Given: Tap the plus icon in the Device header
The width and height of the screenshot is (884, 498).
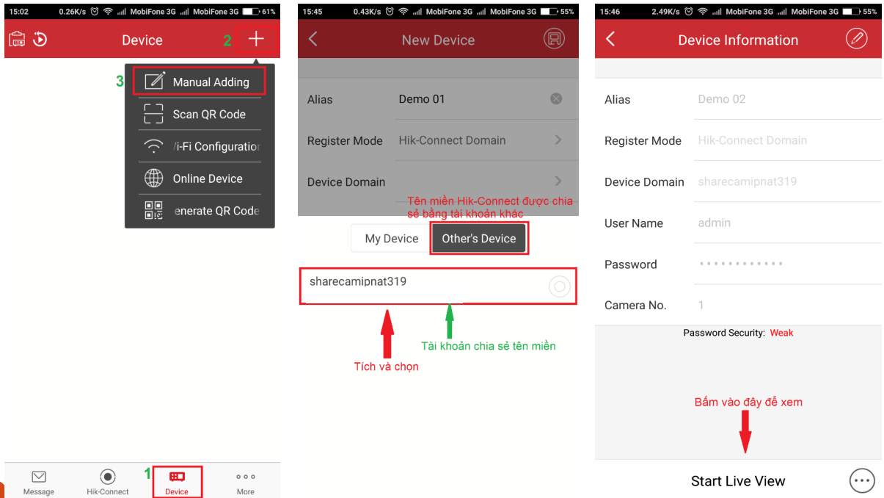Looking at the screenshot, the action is tap(256, 39).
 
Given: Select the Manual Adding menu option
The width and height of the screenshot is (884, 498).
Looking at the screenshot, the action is tap(199, 82).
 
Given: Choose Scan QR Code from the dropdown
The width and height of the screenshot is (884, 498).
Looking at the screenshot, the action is tap(200, 115).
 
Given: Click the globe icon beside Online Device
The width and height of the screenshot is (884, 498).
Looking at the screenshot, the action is tap(153, 178).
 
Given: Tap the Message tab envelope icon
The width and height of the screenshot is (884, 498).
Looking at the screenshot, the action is tap(39, 477).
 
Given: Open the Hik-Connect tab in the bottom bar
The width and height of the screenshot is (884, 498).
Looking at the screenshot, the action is tap(107, 482).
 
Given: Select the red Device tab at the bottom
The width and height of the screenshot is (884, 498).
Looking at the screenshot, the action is tap(177, 482).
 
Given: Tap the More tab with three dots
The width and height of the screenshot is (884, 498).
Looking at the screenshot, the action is tap(246, 482).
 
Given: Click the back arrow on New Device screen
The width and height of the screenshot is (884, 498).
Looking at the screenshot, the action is tap(313, 39).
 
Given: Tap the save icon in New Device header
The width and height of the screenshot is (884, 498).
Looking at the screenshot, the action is tap(554, 38).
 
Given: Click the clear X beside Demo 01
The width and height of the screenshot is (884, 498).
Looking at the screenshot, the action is tap(556, 98).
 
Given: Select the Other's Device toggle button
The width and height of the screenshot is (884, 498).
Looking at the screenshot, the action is tap(479, 238).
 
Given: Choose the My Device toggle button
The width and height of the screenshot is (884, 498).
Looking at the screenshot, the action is tap(392, 238).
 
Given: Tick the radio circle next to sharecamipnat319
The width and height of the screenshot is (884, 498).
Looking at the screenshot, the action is tap(559, 286).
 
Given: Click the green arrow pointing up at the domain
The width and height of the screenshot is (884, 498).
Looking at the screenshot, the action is tap(450, 321).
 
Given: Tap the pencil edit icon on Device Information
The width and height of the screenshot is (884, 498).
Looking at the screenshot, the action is tap(856, 38).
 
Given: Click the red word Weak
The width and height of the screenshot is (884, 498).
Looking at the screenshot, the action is tap(781, 333).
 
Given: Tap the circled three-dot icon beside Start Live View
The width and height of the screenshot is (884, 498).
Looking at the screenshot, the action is tap(862, 480).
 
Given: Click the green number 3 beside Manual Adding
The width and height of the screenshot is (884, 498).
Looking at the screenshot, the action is tap(120, 82).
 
